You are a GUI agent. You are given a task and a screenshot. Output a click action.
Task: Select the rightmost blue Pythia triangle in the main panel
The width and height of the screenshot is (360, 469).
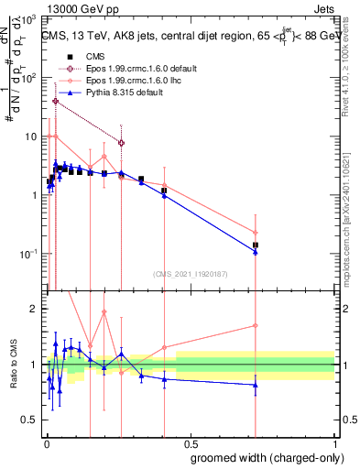[x=256, y=252]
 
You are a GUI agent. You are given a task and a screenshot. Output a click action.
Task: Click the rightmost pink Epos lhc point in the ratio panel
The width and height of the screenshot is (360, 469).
[x=256, y=325]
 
